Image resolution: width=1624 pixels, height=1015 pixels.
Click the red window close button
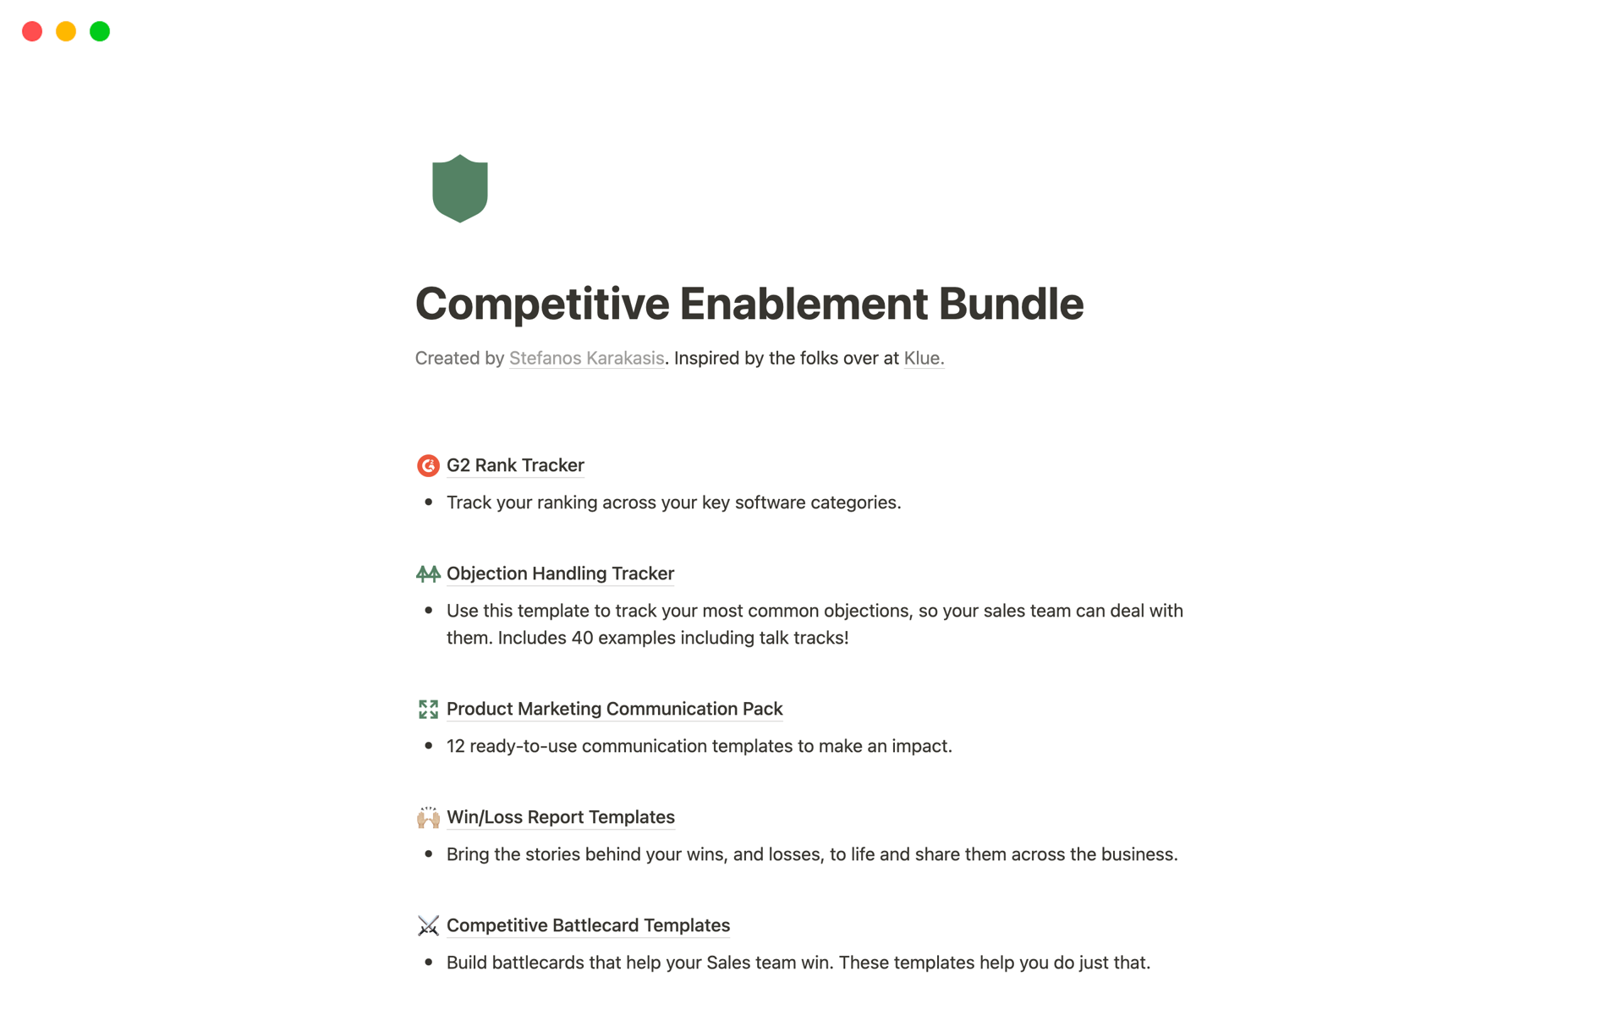coord(32,31)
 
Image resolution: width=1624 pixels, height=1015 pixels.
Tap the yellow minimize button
coord(66,31)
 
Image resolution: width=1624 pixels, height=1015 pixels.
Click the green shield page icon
coord(459,188)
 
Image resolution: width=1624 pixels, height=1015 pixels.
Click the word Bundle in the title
coord(1011,304)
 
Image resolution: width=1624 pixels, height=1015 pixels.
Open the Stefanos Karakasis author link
coord(586,358)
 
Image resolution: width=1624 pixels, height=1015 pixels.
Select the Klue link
coord(923,358)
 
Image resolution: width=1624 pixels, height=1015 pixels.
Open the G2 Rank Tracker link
coord(515,465)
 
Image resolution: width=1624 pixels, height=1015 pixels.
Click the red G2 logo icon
coord(428,465)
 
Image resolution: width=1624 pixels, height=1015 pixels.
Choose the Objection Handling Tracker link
coord(560,573)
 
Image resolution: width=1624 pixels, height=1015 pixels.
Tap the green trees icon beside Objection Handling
coord(428,574)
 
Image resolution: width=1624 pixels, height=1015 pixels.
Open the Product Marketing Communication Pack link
coord(614,709)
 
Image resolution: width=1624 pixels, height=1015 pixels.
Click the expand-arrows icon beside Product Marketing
coord(428,709)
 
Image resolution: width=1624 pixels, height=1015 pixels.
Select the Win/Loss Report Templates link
coord(560,817)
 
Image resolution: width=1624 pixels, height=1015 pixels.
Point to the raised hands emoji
coord(428,817)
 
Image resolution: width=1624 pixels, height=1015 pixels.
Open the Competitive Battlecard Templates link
coord(588,925)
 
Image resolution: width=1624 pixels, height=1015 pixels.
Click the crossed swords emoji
coord(428,925)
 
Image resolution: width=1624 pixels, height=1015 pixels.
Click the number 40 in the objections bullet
coord(582,638)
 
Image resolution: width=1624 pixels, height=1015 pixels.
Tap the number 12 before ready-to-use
coord(456,746)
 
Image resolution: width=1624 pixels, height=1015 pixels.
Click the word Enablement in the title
coord(803,304)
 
